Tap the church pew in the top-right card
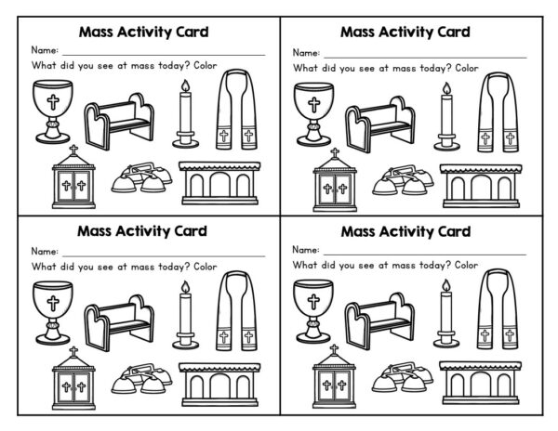[x=379, y=124]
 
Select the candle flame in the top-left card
[x=183, y=88]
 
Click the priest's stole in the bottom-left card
[x=235, y=320]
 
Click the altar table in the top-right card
[x=479, y=185]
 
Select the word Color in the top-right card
[x=467, y=67]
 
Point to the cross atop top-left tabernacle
[x=74, y=149]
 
